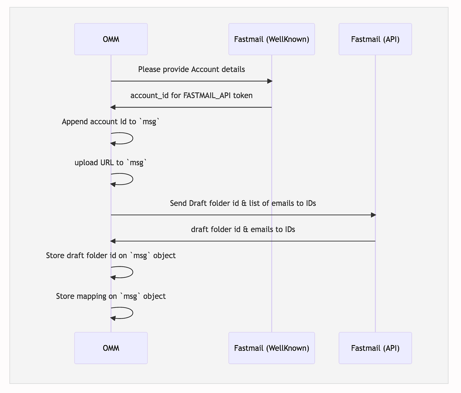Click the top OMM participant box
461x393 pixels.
pos(111,39)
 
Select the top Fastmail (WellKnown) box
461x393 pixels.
pos(271,39)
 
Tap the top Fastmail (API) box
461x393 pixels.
pos(375,39)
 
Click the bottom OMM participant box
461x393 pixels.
pos(111,348)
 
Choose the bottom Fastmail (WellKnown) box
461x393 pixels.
pos(271,348)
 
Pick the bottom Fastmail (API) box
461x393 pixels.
pos(375,348)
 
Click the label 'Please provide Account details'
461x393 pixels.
pos(191,69)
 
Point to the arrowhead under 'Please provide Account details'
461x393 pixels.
pos(270,81)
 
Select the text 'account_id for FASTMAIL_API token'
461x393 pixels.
pos(191,96)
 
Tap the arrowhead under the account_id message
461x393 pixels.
pos(113,107)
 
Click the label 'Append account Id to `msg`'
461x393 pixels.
pos(111,122)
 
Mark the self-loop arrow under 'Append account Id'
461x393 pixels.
pos(133,138)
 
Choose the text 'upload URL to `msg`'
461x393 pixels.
pos(111,162)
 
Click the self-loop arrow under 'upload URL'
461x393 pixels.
pos(133,179)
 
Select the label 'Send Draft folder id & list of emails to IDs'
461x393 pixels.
pos(243,203)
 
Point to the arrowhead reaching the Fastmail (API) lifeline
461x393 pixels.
pos(373,215)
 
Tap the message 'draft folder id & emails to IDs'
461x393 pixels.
pos(243,229)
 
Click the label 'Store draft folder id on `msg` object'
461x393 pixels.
pos(111,256)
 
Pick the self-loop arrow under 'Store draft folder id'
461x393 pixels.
pos(133,272)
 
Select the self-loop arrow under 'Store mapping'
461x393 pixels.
pos(133,313)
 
